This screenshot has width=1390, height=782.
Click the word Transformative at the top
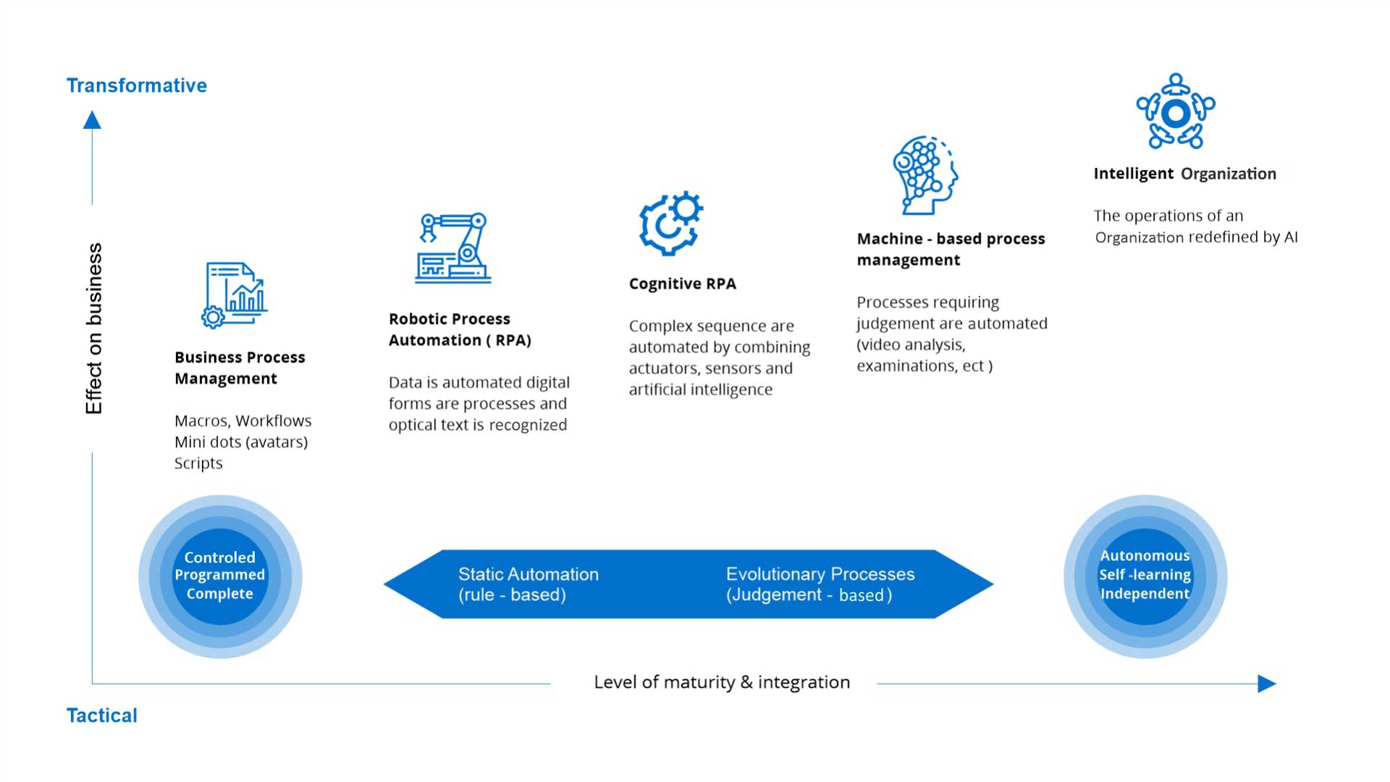(137, 85)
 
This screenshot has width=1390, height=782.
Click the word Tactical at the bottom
(102, 715)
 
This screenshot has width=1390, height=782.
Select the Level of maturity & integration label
(721, 682)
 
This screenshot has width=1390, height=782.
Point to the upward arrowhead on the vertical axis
(92, 120)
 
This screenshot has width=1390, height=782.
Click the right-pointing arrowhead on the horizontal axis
(1266, 684)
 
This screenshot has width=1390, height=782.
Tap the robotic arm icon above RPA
(453, 248)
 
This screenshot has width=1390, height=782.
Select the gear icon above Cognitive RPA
(670, 223)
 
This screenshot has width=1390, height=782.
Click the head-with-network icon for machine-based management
(924, 175)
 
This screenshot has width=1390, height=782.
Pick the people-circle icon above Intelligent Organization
(1176, 112)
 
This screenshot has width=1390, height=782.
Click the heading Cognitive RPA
(682, 284)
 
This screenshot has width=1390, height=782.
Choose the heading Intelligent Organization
(1184, 174)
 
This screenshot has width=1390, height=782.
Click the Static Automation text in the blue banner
(528, 574)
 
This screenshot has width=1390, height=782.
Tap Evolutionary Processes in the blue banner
(820, 574)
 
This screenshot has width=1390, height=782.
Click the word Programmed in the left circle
(219, 575)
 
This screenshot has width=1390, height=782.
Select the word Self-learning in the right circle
(1145, 575)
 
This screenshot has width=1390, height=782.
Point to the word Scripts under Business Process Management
(198, 463)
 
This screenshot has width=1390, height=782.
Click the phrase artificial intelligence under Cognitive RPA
(700, 390)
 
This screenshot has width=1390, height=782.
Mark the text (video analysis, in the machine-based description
(911, 345)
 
